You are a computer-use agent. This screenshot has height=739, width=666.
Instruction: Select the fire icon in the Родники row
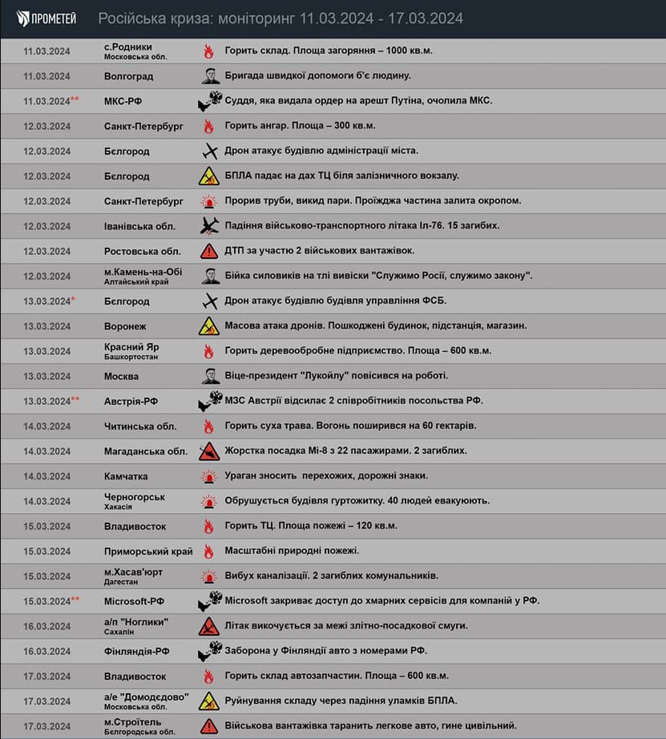click(x=208, y=51)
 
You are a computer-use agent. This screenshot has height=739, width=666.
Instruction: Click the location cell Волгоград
click(x=128, y=76)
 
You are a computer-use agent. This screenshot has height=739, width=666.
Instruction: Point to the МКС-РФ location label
click(x=123, y=101)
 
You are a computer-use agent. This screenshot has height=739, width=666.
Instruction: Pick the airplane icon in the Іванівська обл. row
click(x=209, y=225)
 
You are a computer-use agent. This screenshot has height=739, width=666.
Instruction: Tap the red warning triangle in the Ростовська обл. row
click(x=209, y=251)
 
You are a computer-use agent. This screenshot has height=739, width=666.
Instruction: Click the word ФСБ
click(x=434, y=301)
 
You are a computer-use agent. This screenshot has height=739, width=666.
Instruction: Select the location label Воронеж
click(x=126, y=326)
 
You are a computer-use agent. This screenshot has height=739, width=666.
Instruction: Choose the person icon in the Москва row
click(x=209, y=376)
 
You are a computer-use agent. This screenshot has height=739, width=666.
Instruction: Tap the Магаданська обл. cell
click(x=145, y=451)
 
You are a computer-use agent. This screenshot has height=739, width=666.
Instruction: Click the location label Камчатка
click(x=126, y=476)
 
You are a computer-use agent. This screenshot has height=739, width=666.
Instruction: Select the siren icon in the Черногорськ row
click(x=209, y=501)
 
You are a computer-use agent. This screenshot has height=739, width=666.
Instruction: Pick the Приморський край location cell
click(x=148, y=551)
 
